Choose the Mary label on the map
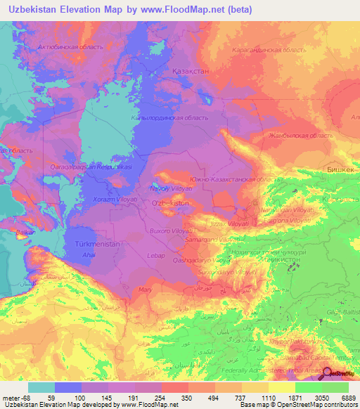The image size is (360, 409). [146, 289]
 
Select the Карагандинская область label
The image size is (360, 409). [269, 50]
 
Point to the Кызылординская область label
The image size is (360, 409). [169, 118]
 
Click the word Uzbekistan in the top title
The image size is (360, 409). [33, 10]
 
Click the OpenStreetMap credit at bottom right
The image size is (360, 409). [333, 405]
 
